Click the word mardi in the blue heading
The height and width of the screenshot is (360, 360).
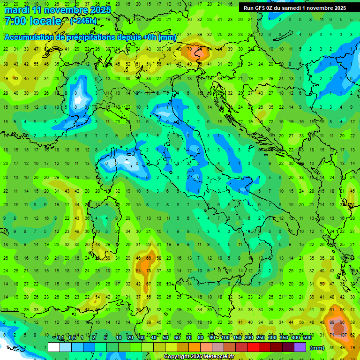17,10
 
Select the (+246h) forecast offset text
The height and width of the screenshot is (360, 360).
83,21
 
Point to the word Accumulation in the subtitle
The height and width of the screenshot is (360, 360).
30,37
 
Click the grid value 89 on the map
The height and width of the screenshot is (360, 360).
332,323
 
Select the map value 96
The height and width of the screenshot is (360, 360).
343,323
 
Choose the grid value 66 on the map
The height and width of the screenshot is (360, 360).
149,258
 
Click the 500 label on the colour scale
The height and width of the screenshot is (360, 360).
307,338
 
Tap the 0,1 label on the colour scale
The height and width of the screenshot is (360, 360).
60,338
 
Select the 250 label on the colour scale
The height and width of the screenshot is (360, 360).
260,338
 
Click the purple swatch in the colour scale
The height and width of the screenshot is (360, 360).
300,347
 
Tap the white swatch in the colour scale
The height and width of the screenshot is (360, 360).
54,347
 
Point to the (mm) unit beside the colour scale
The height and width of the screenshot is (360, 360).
317,347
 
